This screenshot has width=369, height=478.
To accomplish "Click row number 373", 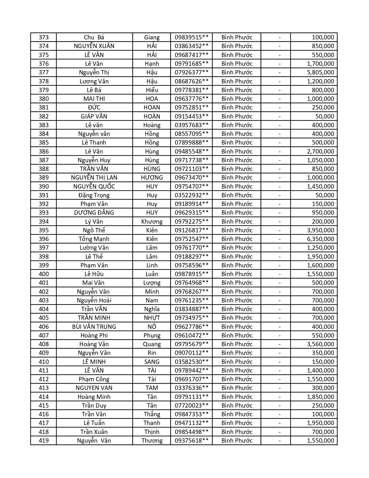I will click(44, 37).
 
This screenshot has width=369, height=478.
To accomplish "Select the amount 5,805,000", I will click(320, 72).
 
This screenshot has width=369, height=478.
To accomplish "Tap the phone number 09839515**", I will click(191, 37).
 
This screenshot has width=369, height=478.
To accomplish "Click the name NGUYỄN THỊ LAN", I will click(94, 178).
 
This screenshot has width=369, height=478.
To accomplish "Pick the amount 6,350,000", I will click(320, 239).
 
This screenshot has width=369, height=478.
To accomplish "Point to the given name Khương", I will click(152, 222).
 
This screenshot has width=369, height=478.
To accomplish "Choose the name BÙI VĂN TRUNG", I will click(94, 327).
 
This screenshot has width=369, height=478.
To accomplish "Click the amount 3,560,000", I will click(320, 344).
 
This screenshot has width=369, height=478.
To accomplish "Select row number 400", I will click(44, 274).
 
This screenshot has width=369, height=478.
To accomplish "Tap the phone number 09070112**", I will click(191, 353).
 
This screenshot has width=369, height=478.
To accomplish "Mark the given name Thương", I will click(152, 441).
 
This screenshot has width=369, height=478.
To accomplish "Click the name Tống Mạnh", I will click(94, 239).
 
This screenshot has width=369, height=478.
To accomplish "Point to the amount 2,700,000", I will click(320, 152).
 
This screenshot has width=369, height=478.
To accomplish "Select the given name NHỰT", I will click(152, 318).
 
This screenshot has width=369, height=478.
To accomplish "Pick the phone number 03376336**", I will click(191, 388).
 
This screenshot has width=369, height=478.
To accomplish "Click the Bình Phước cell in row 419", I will click(237, 441).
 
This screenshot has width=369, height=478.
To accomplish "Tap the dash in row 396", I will click(280, 239).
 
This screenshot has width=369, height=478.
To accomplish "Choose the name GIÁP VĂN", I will click(94, 116).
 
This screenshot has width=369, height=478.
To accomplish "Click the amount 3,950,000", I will click(320, 230).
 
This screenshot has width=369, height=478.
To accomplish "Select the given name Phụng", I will click(152, 335).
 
